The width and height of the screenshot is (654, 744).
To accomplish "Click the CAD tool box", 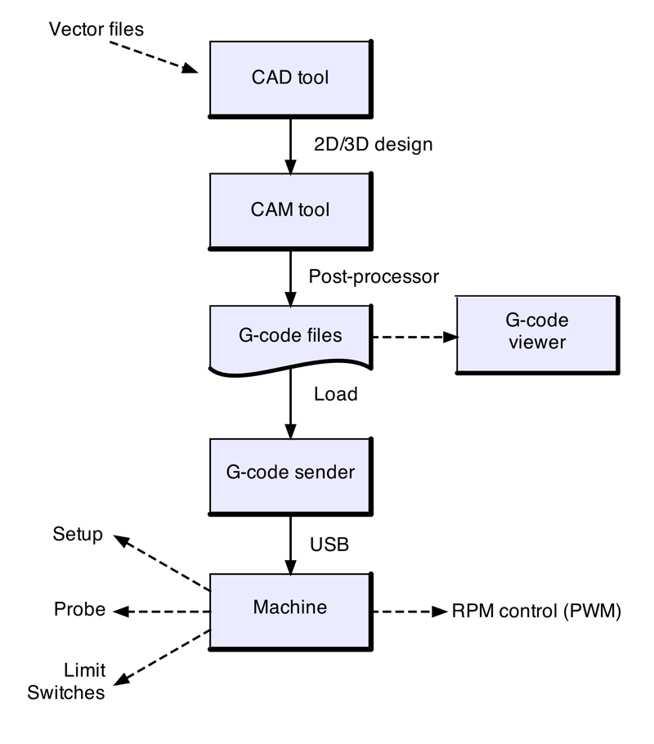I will point(291,78).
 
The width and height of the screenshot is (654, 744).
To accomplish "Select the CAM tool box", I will point(291,209).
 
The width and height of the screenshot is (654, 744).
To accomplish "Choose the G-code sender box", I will point(291,473).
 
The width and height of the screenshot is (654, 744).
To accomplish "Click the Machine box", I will point(291,607).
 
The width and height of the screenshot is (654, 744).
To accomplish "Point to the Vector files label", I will point(96,29).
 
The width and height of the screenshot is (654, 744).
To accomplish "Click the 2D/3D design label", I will point(374,145).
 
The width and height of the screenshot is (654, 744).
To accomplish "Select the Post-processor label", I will point(374,276).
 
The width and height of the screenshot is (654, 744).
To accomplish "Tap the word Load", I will point(336,394).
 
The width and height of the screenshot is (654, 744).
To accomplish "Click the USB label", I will point(329,543).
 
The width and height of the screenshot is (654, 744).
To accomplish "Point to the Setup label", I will point(78,535).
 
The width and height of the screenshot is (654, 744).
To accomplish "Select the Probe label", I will point(79,610).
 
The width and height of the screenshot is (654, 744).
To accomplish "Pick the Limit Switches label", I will point(66,681).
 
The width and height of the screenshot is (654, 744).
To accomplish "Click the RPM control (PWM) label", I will point(536,611).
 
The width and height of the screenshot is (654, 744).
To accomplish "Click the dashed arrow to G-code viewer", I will point(413,337).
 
